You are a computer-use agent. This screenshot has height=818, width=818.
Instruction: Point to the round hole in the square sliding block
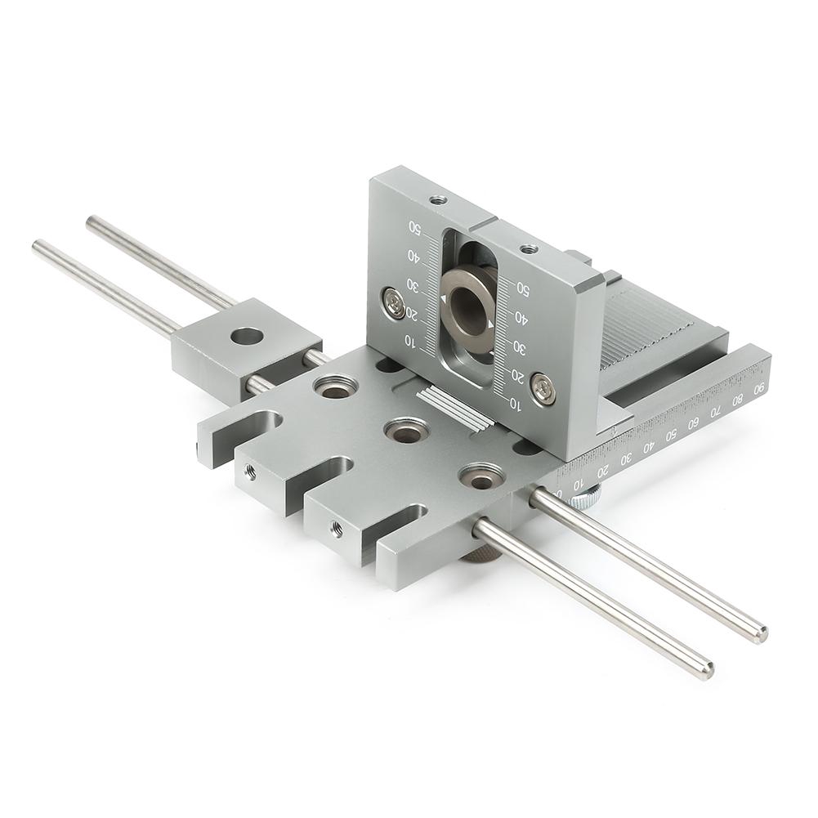pos(247,335)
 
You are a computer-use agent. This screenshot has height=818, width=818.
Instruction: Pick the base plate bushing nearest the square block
pos(334,387)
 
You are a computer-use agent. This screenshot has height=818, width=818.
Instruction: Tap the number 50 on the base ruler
pos(672,434)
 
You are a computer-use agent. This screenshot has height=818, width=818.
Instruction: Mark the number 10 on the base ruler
pos(577,485)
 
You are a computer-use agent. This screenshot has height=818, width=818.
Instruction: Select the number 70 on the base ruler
pos(716,411)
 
